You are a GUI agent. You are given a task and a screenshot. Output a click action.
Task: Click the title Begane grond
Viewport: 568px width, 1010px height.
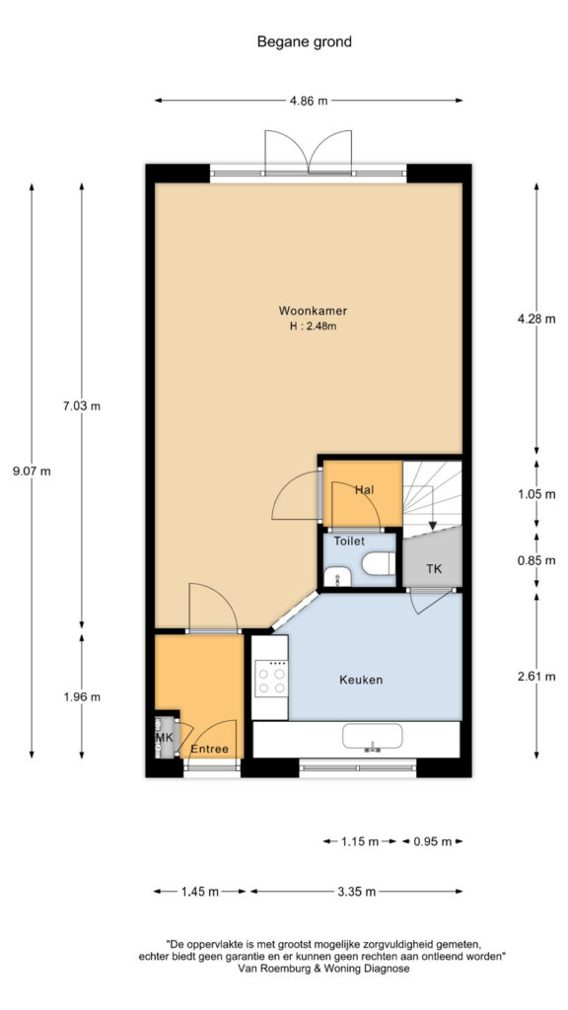(305, 42)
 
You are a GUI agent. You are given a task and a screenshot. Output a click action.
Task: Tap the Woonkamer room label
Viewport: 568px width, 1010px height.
(313, 311)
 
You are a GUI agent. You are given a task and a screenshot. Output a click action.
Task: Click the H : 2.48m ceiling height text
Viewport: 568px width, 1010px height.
(314, 326)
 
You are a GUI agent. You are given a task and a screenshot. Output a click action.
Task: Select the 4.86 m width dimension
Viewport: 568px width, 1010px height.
(308, 101)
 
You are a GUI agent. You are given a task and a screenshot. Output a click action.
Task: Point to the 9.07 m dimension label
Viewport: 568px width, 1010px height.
(32, 470)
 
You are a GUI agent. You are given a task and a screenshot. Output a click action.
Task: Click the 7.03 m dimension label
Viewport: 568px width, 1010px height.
(81, 406)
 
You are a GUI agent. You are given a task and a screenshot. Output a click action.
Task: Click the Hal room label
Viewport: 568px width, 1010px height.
(365, 490)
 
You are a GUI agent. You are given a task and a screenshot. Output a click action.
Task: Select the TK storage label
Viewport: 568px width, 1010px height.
(434, 569)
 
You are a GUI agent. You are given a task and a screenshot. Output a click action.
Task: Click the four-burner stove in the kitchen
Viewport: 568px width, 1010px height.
(270, 679)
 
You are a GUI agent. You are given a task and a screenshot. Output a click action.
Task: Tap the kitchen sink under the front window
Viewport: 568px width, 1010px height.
(372, 738)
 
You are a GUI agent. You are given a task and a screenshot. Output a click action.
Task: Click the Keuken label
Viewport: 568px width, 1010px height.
(361, 680)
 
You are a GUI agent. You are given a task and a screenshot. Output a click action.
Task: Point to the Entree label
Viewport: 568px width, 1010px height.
(209, 750)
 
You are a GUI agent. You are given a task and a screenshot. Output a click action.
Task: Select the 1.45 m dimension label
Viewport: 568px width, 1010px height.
(200, 892)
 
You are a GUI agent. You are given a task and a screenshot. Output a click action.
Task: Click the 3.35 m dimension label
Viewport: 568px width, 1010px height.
(356, 892)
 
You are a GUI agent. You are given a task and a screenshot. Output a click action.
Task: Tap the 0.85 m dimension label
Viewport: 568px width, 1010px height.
(536, 560)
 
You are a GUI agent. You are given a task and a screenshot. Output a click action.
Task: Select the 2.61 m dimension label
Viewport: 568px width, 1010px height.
(536, 677)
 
